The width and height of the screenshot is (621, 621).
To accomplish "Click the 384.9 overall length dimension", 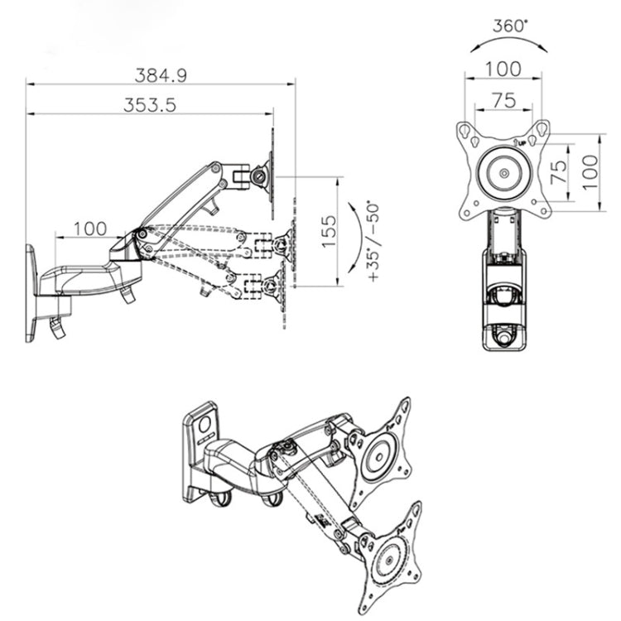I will (161, 75).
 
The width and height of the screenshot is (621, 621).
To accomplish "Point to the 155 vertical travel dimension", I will (328, 231).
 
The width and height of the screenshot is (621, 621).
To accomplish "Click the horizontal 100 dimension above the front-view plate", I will (503, 69).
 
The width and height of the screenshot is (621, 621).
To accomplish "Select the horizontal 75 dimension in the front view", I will (503, 100).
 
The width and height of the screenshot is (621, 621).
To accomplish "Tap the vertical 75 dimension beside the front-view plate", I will (560, 172).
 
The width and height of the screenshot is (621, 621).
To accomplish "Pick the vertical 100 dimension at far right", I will (589, 172).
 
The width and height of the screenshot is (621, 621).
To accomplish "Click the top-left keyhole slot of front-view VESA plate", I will (468, 132).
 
